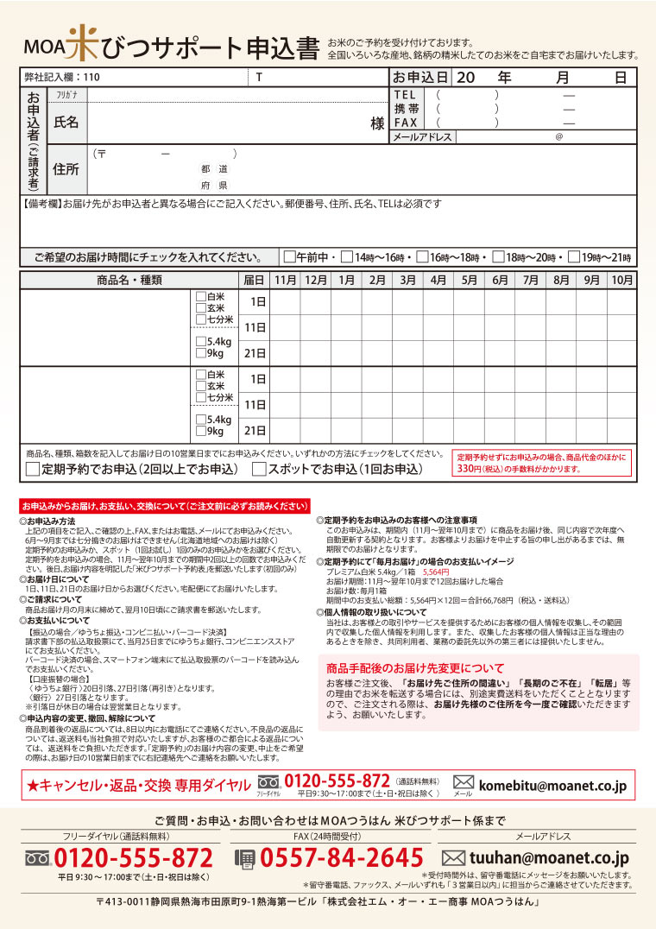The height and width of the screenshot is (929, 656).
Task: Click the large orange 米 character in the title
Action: click(x=83, y=43)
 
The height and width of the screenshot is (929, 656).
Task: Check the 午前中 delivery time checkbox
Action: click(x=289, y=257)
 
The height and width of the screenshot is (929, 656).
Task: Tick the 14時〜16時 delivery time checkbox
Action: click(x=346, y=257)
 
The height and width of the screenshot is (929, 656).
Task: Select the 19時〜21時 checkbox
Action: click(x=573, y=257)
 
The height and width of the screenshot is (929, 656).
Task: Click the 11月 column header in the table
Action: click(x=286, y=280)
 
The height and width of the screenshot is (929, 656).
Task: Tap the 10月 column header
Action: click(x=622, y=280)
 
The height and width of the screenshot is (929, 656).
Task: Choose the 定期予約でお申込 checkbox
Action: click(x=33, y=470)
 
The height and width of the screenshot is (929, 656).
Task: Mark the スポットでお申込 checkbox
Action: click(x=259, y=470)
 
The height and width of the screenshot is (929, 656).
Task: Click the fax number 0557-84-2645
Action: click(x=342, y=858)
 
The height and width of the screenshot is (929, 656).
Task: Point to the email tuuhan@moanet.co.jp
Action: click(x=549, y=857)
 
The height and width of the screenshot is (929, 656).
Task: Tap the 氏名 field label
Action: click(x=66, y=122)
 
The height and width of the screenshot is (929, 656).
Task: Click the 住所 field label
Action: click(x=66, y=169)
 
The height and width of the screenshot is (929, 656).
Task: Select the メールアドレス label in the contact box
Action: click(x=422, y=137)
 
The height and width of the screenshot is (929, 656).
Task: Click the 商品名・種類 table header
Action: click(x=129, y=280)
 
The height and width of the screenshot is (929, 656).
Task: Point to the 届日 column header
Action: click(x=254, y=280)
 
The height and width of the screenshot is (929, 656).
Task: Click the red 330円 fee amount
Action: click(x=468, y=469)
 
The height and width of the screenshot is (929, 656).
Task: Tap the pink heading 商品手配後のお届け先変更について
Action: click(x=415, y=668)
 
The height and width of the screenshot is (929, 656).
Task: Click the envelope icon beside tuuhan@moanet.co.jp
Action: click(x=453, y=858)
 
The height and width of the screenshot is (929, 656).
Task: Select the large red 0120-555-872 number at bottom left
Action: click(x=133, y=858)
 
